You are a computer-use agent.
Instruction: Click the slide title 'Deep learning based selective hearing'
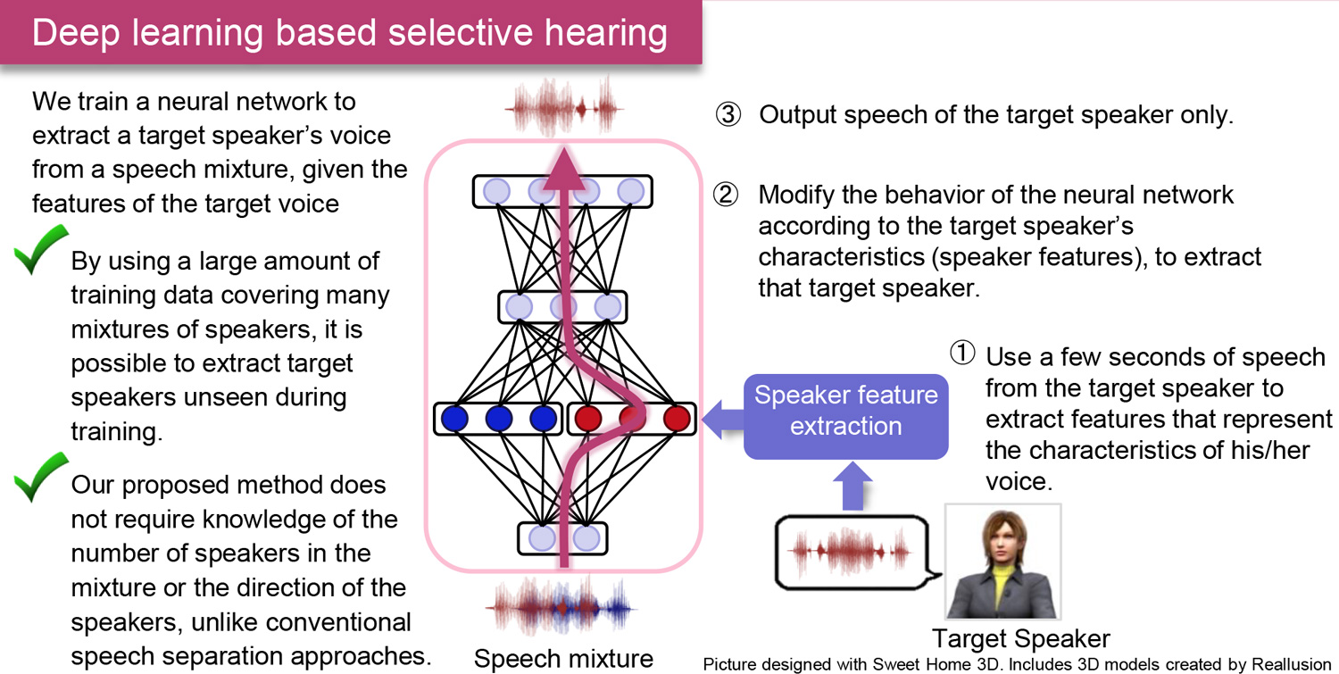[x=349, y=32]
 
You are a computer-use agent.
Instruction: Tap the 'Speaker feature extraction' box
[x=845, y=411]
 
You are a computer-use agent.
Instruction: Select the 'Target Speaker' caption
[x=1020, y=638]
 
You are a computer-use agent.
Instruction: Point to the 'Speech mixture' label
[x=563, y=659]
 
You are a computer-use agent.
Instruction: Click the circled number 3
[x=728, y=115]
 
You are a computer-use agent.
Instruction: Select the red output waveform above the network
[x=561, y=107]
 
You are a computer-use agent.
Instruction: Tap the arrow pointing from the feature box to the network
[x=721, y=416]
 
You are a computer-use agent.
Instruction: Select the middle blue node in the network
[x=498, y=418]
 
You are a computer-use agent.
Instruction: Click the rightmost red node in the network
[x=677, y=418]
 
